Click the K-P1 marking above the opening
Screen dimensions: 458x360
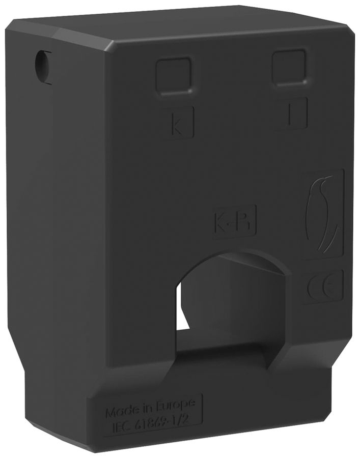pyautogui.click(x=234, y=221)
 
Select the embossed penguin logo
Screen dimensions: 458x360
pyautogui.click(x=322, y=213)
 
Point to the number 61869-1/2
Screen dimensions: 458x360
pyautogui.click(x=162, y=418)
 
